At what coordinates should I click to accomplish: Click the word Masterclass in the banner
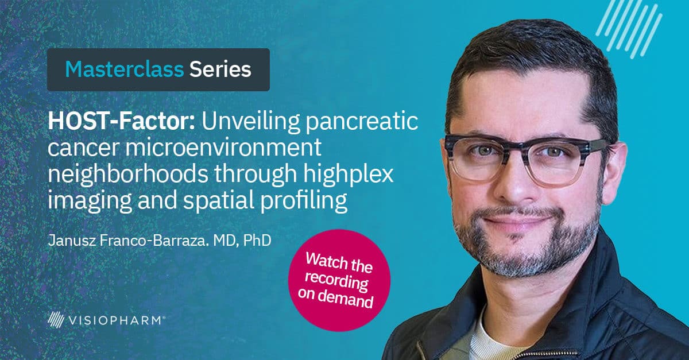124,69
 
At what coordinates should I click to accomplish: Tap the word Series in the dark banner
220,69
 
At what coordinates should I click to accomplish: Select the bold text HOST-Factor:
122,121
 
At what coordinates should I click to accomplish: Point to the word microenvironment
223,148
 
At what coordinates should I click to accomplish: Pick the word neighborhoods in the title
127,174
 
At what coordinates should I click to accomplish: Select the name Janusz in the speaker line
71,241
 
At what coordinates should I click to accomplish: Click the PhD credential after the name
257,241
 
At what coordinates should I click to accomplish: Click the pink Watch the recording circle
339,280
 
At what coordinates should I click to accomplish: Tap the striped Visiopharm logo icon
56,319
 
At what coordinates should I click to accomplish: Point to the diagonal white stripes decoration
629,29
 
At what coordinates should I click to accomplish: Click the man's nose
514,181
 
